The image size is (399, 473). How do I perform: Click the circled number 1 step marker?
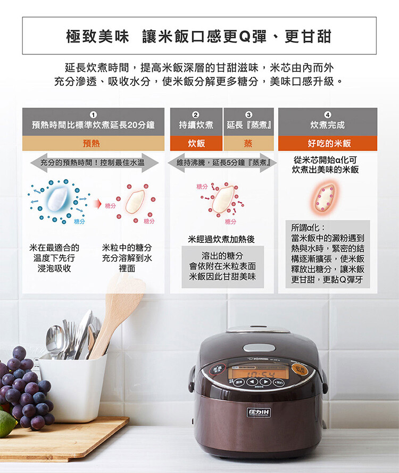point(94,115)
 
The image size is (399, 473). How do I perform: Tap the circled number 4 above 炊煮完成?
point(328,115)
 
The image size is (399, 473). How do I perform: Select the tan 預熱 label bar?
point(93,143)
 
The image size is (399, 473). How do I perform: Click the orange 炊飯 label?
point(196,143)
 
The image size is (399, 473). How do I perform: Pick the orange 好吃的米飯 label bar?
point(328,143)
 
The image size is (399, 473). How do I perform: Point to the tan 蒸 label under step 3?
point(248,143)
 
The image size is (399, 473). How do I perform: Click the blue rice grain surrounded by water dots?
point(58,199)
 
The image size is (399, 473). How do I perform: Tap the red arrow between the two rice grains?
point(97,204)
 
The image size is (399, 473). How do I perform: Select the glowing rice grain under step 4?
point(325,198)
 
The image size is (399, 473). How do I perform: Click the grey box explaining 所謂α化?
point(328,254)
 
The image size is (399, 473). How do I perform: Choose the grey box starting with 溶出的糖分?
point(222,267)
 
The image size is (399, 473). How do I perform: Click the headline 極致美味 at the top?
point(98,37)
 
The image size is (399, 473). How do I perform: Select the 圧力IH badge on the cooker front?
point(259,412)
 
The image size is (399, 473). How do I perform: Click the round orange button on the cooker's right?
point(299,369)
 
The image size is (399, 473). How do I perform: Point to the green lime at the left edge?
point(6,423)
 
